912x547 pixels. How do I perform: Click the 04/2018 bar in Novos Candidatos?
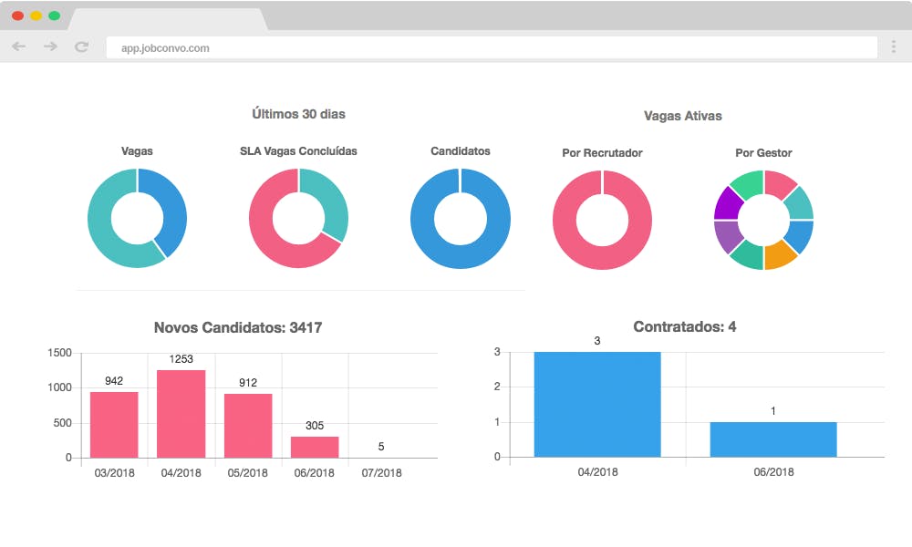(x=181, y=414)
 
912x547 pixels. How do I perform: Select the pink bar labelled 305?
(x=315, y=447)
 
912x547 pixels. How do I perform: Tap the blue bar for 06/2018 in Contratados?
(x=773, y=439)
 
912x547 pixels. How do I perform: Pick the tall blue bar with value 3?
(x=597, y=405)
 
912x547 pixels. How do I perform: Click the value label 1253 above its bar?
(x=181, y=359)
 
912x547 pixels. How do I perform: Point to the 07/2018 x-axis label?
(x=381, y=473)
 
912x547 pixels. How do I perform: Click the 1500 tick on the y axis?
(x=60, y=353)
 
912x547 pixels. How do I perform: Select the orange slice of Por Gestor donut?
(x=780, y=255)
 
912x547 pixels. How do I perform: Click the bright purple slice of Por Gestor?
(x=727, y=203)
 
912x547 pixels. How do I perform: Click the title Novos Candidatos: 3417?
(x=238, y=328)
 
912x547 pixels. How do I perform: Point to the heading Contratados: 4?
(x=685, y=326)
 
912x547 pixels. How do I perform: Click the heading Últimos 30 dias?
(x=298, y=114)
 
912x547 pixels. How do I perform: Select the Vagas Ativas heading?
(x=683, y=116)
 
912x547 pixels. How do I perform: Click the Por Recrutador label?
(x=602, y=153)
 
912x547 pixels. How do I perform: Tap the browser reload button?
(x=81, y=46)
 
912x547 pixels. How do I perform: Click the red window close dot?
(x=18, y=15)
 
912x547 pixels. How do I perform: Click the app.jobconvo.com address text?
(x=165, y=48)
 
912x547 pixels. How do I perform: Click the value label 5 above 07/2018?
(x=381, y=447)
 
